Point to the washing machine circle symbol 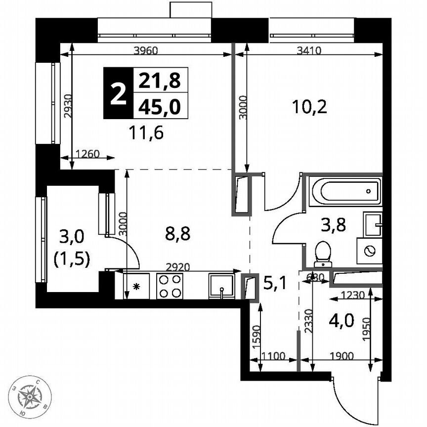369,251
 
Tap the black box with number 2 118,93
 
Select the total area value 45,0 160,106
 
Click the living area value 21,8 160,79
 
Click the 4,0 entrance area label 341,321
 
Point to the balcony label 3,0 72,237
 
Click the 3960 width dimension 146,49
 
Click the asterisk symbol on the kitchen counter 137,287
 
